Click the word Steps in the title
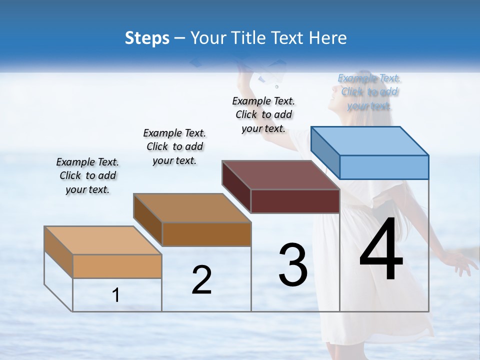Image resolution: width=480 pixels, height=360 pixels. (x=147, y=38)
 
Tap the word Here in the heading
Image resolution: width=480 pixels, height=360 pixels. (x=328, y=38)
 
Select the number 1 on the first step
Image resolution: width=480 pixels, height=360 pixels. (x=116, y=295)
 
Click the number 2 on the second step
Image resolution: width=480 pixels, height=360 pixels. (x=201, y=280)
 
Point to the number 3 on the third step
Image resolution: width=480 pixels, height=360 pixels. (x=293, y=265)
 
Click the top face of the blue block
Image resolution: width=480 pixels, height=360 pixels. (x=370, y=140)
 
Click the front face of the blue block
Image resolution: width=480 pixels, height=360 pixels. (x=384, y=167)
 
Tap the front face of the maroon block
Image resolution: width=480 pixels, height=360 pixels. (x=295, y=201)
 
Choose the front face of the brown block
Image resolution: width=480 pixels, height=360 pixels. (x=206, y=234)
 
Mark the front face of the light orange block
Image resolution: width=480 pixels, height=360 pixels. (x=117, y=266)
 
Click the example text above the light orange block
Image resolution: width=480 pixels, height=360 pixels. (x=87, y=175)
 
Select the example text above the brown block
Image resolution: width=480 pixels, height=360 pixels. (x=174, y=146)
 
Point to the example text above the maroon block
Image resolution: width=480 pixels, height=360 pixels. (x=263, y=114)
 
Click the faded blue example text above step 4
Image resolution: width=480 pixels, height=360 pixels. (x=369, y=92)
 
